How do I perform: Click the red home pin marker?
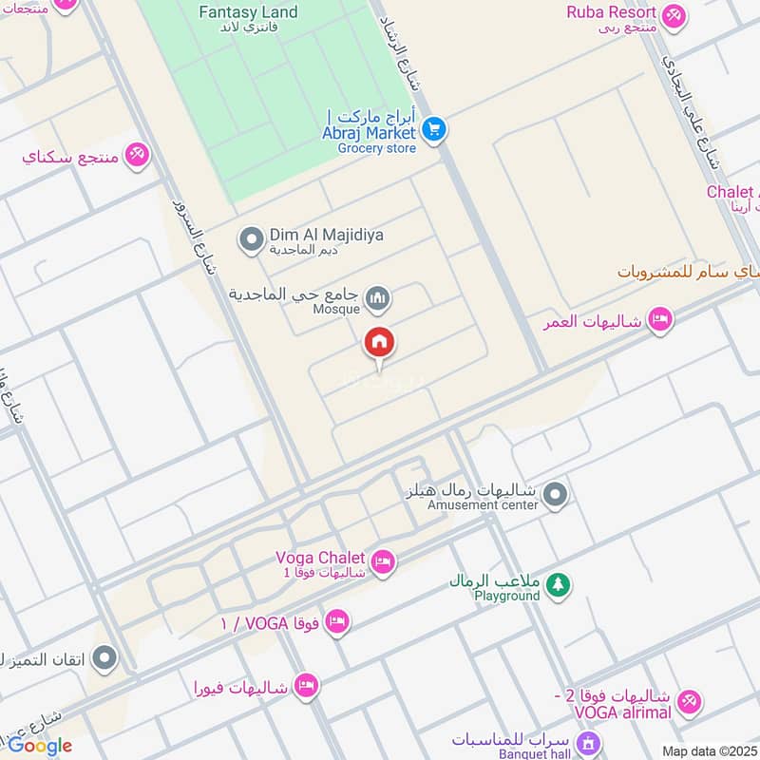(379, 343)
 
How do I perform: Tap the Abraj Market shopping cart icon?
(434, 128)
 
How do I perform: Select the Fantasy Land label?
(248, 13)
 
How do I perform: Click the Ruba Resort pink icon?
(674, 14)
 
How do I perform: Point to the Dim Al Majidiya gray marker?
(252, 239)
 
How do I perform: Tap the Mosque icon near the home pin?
(378, 299)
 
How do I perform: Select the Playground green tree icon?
(559, 585)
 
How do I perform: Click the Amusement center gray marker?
(556, 494)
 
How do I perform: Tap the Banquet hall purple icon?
(589, 741)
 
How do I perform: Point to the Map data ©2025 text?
(709, 750)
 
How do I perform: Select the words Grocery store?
(377, 148)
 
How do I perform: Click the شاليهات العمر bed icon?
(660, 321)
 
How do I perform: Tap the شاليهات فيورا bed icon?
(305, 686)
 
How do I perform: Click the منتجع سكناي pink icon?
(138, 155)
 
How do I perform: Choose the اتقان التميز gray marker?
(105, 656)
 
